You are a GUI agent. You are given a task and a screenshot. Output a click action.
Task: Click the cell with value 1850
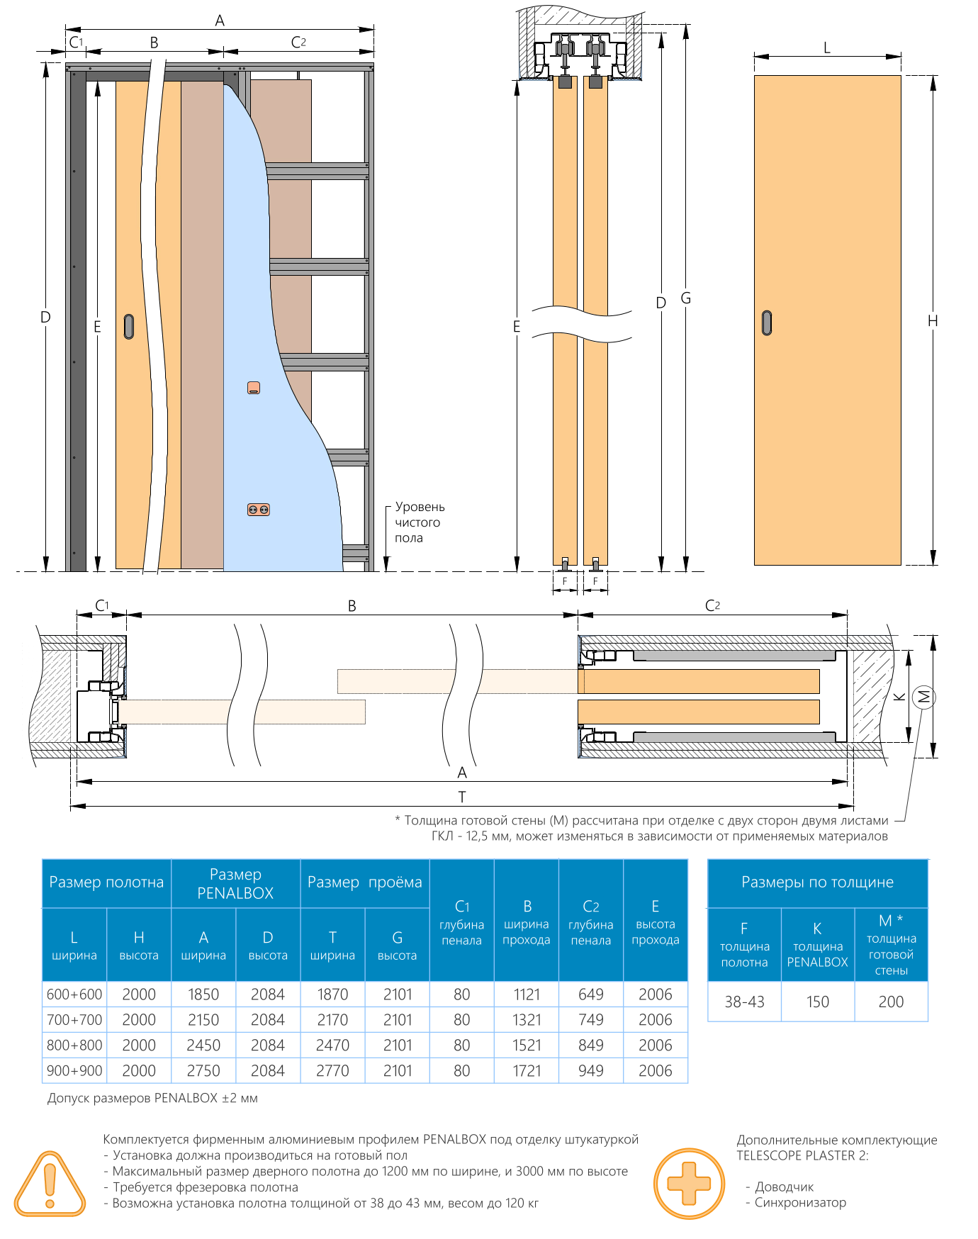click(x=203, y=994)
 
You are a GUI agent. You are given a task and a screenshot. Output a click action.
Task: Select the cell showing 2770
click(x=332, y=1070)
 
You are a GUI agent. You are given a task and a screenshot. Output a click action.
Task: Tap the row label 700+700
click(x=74, y=1020)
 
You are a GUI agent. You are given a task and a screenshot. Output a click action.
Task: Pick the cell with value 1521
click(x=527, y=1045)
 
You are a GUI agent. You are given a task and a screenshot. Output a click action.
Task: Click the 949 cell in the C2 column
click(x=591, y=1070)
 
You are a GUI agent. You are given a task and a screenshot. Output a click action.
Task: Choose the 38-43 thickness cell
click(x=744, y=1002)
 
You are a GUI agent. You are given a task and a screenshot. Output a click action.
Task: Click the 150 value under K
click(x=818, y=1002)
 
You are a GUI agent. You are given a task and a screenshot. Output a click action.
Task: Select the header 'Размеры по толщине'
click(x=818, y=882)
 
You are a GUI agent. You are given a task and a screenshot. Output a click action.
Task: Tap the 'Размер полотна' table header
click(x=106, y=882)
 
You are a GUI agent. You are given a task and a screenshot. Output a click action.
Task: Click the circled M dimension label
click(x=923, y=697)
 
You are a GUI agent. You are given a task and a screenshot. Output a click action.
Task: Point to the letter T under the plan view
click(x=462, y=797)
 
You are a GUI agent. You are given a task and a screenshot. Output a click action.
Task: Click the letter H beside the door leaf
click(x=933, y=321)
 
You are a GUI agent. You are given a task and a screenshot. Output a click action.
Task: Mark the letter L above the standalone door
click(x=827, y=48)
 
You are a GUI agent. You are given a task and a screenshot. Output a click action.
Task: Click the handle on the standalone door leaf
click(x=767, y=323)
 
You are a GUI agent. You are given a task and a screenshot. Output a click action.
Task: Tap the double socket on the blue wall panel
click(x=258, y=510)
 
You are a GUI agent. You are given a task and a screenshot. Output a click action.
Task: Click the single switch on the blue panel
click(x=254, y=388)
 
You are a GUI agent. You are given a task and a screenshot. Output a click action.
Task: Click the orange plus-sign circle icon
click(x=689, y=1184)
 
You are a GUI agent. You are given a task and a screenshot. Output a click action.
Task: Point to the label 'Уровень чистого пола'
click(x=420, y=522)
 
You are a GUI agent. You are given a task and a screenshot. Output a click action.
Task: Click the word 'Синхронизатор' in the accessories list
click(x=800, y=1202)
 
